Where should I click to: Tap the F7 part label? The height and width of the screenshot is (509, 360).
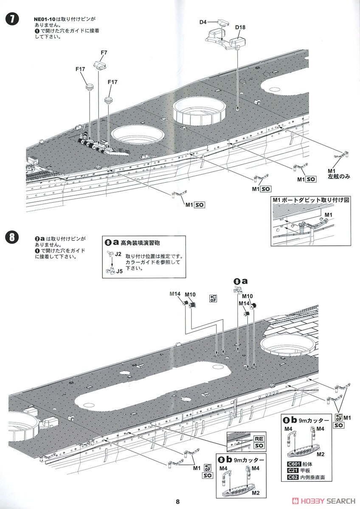[104, 53]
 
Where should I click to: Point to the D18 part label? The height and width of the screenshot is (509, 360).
[240, 28]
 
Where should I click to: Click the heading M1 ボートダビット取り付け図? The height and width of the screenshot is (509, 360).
[310, 200]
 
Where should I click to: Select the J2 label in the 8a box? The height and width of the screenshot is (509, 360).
[118, 254]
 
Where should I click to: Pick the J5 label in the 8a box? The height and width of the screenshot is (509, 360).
[119, 271]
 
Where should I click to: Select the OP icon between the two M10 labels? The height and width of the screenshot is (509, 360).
[213, 298]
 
